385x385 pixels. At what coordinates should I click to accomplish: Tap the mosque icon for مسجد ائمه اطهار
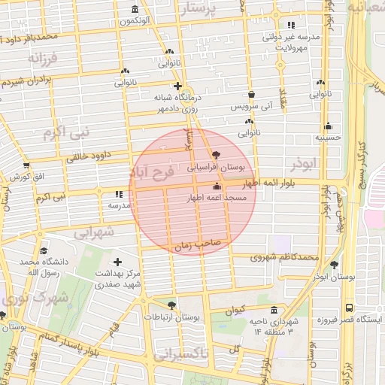(217, 186)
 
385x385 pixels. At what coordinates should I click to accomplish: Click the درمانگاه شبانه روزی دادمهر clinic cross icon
(177, 86)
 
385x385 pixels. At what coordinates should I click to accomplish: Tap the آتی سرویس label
(248, 107)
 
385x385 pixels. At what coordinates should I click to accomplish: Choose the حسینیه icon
(329, 126)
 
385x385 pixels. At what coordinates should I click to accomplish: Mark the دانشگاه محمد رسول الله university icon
(43, 251)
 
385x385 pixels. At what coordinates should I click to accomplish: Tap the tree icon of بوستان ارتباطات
(172, 305)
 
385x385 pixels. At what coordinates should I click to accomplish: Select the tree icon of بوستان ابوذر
(334, 265)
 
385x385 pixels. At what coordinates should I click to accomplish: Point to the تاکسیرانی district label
(185, 353)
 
